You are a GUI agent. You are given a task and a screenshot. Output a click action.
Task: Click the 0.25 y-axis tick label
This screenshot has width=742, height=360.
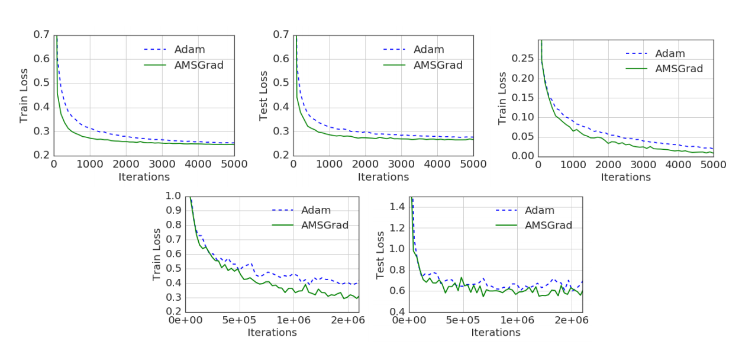(522, 59)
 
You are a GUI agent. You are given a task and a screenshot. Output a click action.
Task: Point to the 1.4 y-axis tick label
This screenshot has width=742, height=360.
(397, 207)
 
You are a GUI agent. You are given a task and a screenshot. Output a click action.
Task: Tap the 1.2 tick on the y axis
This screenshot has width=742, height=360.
(397, 228)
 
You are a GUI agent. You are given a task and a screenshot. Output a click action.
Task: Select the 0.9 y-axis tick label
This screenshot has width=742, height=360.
(173, 210)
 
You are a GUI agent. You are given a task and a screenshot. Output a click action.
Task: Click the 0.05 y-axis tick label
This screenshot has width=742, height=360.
(522, 137)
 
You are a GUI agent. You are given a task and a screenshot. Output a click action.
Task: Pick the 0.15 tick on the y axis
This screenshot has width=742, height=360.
(522, 98)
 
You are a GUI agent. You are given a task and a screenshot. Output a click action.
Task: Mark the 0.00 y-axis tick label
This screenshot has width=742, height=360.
(522, 156)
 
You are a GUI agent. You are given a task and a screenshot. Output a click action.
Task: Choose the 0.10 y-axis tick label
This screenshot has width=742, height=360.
(522, 117)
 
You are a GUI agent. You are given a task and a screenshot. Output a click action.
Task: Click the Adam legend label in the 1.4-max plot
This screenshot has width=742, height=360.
(540, 210)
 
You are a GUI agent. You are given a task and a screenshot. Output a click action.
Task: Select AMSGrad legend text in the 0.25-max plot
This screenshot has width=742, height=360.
(679, 69)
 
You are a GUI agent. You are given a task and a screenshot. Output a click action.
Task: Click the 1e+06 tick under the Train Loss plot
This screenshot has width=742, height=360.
(295, 320)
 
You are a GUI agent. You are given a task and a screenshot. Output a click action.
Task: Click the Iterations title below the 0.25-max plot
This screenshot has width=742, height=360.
(626, 177)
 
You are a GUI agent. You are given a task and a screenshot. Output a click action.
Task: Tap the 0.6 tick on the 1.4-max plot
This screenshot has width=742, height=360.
(397, 291)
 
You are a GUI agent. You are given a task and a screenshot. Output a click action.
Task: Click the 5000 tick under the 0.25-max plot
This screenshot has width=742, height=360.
(712, 165)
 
